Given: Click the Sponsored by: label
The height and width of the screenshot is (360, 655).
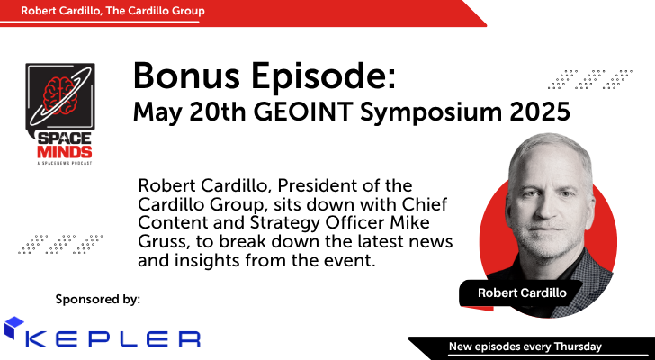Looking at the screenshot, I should coord(98,297).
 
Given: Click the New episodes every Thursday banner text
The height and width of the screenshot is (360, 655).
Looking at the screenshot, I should coord(525,346).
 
